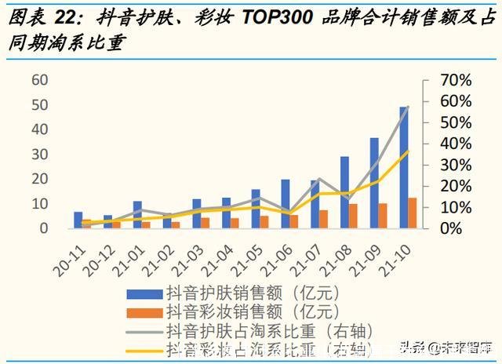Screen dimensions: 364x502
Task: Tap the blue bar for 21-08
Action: [344, 192]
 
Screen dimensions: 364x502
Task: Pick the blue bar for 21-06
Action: [285, 204]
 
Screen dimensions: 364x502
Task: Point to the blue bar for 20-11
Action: [78, 220]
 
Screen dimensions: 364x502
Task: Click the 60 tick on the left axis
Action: [39, 80]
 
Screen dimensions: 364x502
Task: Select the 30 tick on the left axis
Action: [39, 155]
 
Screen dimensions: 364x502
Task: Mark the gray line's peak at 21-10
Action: [408, 107]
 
